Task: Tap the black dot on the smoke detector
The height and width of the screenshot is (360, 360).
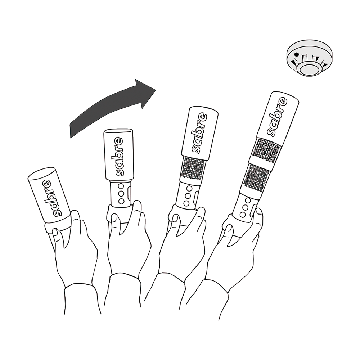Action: click(297, 54)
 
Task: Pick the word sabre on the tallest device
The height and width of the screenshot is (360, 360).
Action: click(277, 117)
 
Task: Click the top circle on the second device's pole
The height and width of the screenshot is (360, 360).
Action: click(121, 186)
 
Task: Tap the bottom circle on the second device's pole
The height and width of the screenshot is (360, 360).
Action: click(121, 202)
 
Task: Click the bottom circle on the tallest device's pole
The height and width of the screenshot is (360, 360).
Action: click(243, 215)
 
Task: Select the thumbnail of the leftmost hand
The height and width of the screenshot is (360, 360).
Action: click(55, 232)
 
